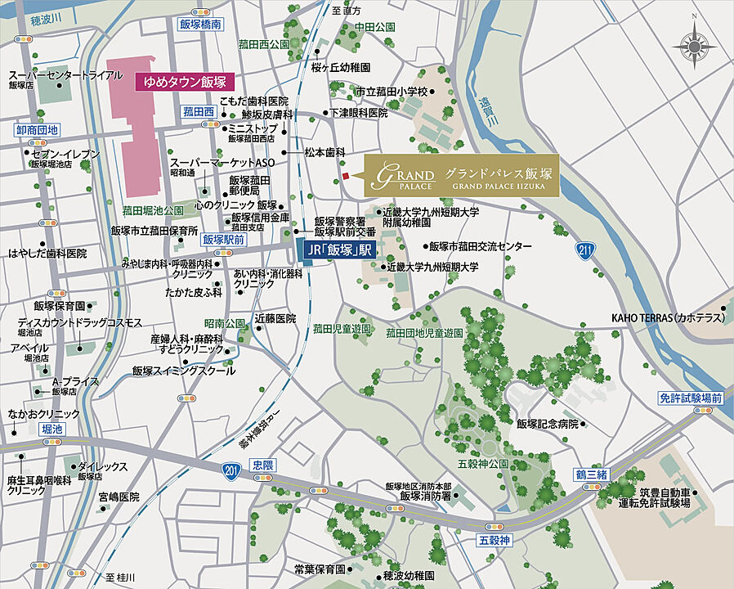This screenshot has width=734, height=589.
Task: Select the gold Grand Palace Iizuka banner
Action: [x=461, y=175]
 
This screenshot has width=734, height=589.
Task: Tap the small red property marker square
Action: [x=345, y=176]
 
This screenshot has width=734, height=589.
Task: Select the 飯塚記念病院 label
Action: [x=547, y=424]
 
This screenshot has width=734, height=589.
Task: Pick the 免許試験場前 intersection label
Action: [x=691, y=398]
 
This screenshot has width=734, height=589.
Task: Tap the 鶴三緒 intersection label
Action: [x=592, y=475]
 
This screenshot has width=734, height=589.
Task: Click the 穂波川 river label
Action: [x=37, y=16]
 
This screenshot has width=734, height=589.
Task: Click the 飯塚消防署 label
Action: [x=425, y=495]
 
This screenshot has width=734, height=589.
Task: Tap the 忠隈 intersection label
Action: [x=263, y=464]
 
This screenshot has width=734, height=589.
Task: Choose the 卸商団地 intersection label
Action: [x=38, y=129]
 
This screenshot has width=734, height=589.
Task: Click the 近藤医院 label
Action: [x=275, y=317]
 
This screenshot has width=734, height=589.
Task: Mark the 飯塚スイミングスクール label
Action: [x=183, y=371]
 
